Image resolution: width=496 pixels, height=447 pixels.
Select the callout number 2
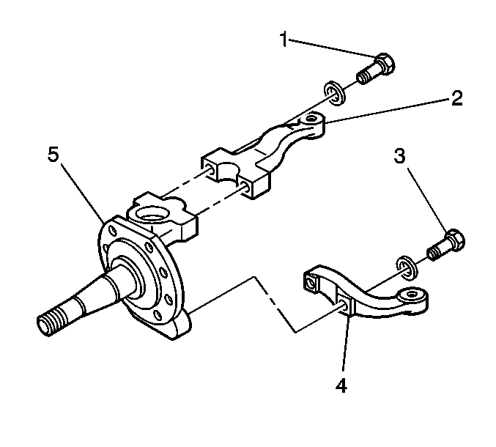point(456,98)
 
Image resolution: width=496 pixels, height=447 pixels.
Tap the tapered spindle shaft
point(88,301)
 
